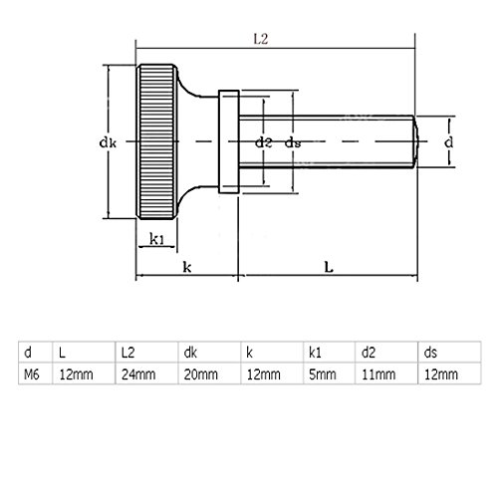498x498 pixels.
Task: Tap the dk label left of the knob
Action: [x=111, y=142]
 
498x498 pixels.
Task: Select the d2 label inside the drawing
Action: [x=263, y=142]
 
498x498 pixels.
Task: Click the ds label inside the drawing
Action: [x=293, y=142]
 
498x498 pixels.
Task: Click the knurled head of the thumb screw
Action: [x=157, y=141]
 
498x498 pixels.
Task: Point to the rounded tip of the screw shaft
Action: [x=412, y=141]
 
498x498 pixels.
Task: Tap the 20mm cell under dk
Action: [x=198, y=374]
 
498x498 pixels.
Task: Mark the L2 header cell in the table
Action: [x=127, y=352]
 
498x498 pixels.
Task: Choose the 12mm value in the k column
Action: [x=259, y=374]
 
